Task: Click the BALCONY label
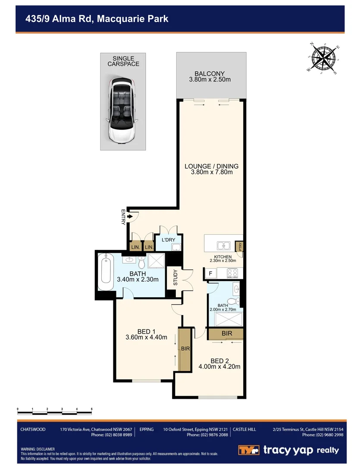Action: [210, 74]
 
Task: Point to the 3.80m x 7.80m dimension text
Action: [212, 172]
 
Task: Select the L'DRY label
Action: [168, 239]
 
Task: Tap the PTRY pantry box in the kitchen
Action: [241, 246]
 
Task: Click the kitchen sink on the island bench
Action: [223, 246]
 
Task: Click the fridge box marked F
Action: [210, 273]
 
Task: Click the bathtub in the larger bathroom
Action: [105, 273]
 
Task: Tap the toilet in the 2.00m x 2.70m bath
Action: [233, 301]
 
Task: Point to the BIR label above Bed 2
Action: [227, 334]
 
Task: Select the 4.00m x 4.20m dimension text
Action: [219, 367]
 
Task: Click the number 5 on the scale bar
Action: [91, 408]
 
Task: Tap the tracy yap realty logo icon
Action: [249, 450]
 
